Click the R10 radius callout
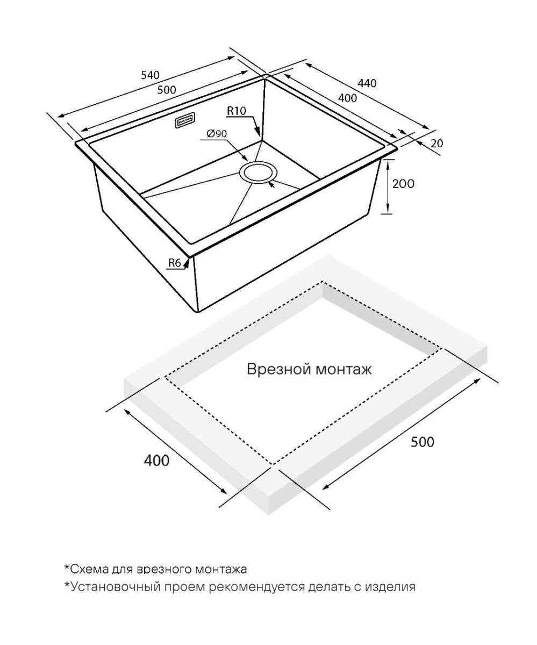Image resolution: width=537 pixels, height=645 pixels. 236,111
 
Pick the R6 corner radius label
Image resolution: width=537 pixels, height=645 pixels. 174,263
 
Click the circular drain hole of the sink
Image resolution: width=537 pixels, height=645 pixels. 257,173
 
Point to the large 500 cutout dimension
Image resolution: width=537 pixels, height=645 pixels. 422,442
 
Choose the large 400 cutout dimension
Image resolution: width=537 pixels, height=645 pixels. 156,461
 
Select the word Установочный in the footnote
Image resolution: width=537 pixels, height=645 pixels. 107,586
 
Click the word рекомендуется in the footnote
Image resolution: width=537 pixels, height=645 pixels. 255,586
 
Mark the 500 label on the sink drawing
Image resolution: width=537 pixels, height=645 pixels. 167,90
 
